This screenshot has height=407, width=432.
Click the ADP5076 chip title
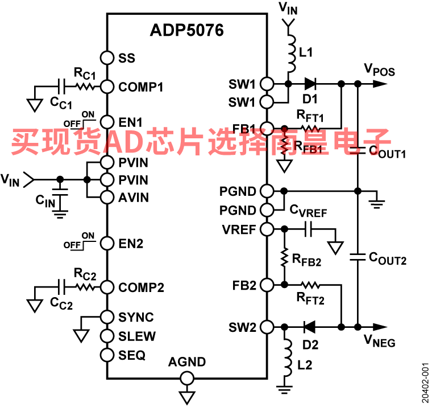[187, 30]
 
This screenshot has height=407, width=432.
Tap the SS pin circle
[107, 58]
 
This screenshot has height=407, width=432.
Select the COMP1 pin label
[141, 87]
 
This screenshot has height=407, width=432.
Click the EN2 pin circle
[107, 244]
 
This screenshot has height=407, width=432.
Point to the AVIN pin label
[134, 198]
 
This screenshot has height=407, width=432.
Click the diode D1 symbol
[310, 83]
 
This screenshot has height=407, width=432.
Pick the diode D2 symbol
[309, 327]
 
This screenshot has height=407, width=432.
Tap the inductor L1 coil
[290, 54]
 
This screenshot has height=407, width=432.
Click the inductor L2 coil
[287, 358]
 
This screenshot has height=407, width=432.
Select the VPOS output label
[379, 69]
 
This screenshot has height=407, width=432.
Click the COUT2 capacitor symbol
[358, 257]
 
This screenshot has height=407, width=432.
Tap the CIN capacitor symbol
[60, 192]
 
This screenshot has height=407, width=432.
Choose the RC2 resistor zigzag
[85, 287]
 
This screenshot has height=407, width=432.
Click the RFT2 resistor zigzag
[311, 285]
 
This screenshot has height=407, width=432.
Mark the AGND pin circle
[187, 378]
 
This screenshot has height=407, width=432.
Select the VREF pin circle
[267, 229]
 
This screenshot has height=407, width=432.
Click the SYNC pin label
[136, 317]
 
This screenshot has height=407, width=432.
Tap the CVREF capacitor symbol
[309, 229]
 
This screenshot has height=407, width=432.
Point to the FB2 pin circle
[267, 285]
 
